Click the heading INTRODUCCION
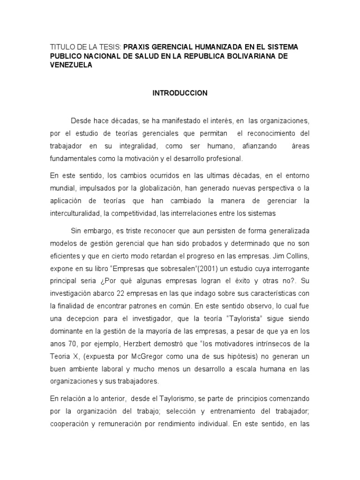(x=180, y=93)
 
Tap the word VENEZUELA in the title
(x=71, y=66)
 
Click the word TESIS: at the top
(x=110, y=47)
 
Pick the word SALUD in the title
(x=155, y=57)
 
